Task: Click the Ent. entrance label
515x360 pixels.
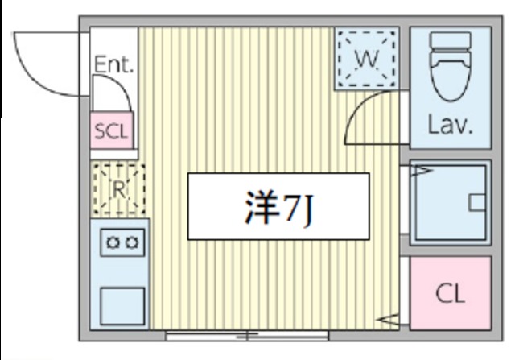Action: point(113,64)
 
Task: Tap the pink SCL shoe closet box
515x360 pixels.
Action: point(112,132)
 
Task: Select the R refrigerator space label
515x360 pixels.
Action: point(118,189)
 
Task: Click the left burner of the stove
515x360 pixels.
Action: point(113,241)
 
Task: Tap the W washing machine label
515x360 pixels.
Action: point(366,58)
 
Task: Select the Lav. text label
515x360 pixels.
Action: point(449,126)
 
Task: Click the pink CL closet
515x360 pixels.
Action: point(450,293)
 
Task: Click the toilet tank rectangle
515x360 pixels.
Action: point(450,41)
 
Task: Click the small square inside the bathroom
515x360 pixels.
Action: point(480,201)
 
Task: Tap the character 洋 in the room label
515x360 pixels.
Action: point(259,207)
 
